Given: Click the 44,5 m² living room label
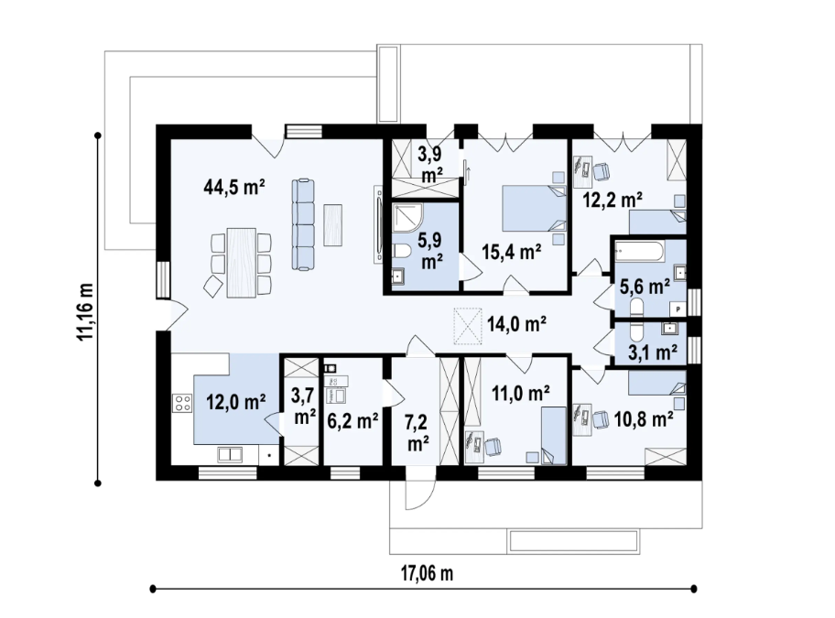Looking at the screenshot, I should point(234,188).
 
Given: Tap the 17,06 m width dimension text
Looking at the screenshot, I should point(427,574).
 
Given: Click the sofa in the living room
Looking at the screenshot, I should point(303,223).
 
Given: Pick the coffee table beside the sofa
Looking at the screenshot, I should point(333,225).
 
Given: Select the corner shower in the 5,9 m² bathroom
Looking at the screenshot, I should point(407,219).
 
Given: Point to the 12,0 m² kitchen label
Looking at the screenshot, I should point(234,401).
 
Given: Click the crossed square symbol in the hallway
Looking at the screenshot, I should point(467,325).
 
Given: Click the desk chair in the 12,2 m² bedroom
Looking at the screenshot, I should point(602,170).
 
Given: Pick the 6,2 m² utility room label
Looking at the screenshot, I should point(352,421).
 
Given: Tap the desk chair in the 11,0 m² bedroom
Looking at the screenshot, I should point(493,446).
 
